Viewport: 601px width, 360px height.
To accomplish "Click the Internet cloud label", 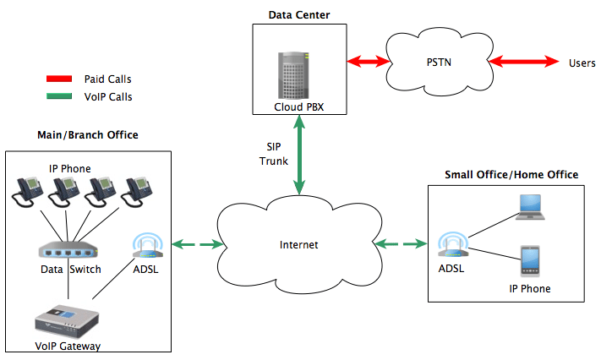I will click(x=299, y=245).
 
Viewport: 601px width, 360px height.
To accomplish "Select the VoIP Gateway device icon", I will click(x=68, y=322).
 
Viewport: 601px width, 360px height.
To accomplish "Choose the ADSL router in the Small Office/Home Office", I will click(x=451, y=245).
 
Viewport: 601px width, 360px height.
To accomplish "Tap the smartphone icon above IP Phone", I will click(x=530, y=261).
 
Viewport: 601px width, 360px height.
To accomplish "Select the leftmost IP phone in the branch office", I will click(x=27, y=193).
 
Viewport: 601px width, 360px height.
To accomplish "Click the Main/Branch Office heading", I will click(x=88, y=135).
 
